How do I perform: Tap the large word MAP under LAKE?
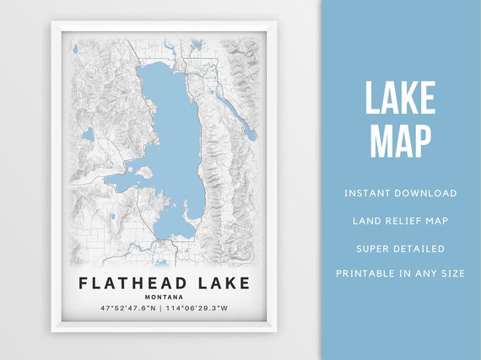(400, 141)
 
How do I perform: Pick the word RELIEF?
(400, 221)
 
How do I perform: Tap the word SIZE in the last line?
(451, 273)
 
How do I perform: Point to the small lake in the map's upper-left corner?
(75, 48)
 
